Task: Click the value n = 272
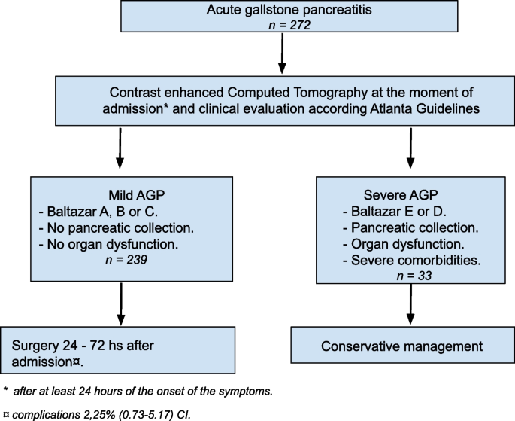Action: coord(281,26)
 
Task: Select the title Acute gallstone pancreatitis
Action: coord(281,11)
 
